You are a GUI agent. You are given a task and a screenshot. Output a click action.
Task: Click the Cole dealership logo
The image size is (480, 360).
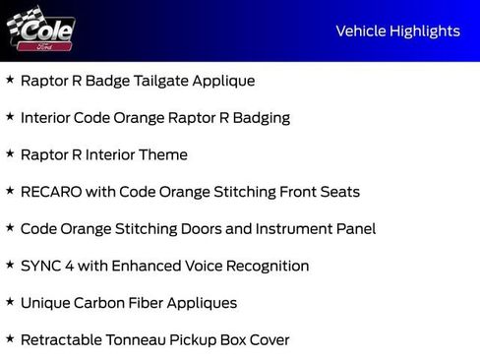[x=40, y=32]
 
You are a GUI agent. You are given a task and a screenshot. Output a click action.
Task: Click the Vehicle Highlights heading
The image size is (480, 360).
[x=397, y=30]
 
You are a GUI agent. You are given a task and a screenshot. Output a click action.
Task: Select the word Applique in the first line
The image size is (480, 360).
[x=222, y=81]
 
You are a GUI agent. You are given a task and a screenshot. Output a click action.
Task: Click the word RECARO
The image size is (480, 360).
[x=49, y=192]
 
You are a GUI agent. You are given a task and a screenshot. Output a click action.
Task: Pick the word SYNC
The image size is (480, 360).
[x=41, y=266]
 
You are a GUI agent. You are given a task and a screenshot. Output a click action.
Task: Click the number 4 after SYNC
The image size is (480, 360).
[x=73, y=266]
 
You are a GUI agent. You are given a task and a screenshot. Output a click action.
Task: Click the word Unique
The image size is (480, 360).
[x=45, y=303]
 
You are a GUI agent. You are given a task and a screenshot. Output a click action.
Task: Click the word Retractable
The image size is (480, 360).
[x=64, y=340]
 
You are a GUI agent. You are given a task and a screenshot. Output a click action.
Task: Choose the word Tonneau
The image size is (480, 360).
[x=146, y=340]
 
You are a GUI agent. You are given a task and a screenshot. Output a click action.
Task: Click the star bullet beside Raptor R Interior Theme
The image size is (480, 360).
[x=10, y=154]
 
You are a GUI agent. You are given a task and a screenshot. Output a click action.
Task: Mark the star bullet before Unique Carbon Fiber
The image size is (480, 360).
[x=10, y=302]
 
